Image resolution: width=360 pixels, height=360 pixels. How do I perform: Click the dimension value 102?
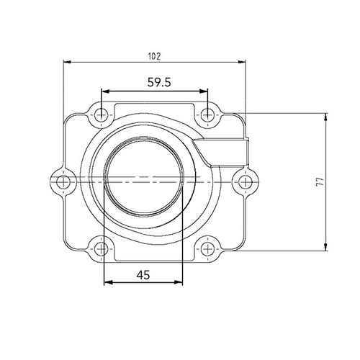click(x=154, y=55)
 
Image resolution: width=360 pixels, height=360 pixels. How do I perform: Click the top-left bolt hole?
click(x=102, y=113)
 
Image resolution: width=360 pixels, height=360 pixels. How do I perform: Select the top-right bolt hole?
click(x=207, y=113)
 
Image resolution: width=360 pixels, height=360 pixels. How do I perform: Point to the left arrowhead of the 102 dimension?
click(x=68, y=63)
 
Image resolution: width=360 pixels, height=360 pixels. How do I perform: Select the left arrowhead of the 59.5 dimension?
click(x=105, y=91)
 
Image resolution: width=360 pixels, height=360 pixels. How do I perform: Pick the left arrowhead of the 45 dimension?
click(x=108, y=282)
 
